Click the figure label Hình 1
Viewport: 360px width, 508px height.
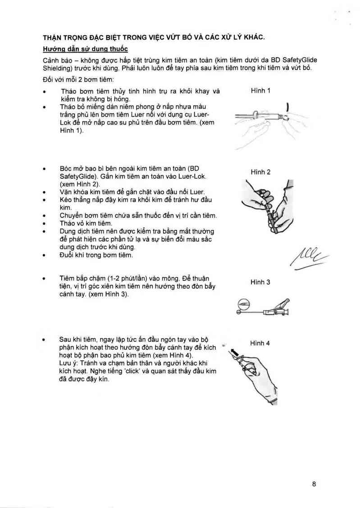(260, 91)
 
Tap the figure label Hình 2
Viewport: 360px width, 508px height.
(260, 172)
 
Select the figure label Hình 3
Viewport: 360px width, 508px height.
(260, 282)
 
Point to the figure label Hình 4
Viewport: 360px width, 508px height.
(260, 343)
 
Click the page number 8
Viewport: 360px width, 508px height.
(314, 485)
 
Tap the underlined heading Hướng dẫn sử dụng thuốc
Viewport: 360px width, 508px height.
(86, 49)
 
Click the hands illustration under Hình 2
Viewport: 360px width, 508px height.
(266, 205)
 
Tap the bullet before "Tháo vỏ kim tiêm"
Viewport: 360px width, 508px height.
(44, 224)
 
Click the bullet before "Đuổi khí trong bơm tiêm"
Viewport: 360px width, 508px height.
(44, 256)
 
